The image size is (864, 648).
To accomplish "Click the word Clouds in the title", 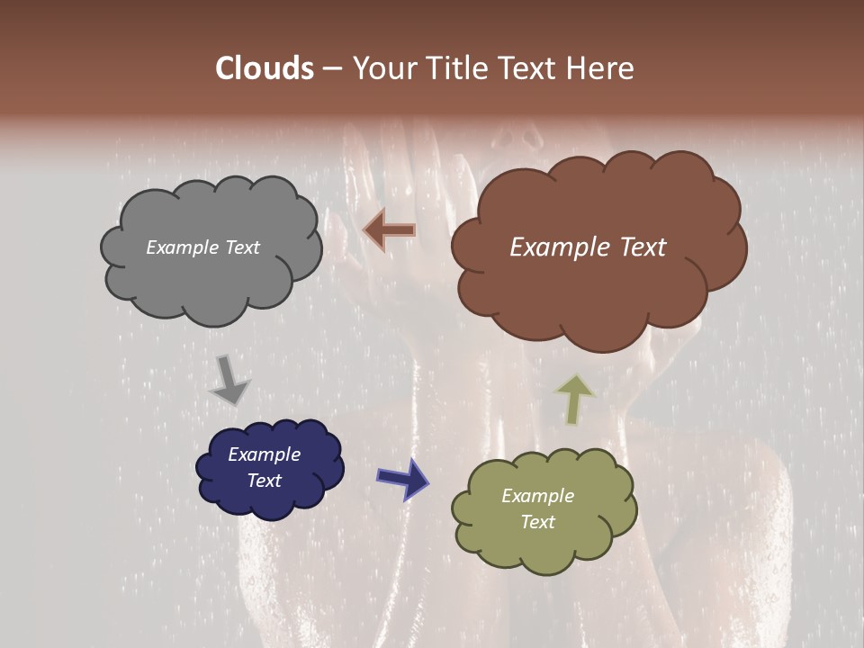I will (265, 68).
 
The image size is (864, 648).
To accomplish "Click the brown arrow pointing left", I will (389, 230).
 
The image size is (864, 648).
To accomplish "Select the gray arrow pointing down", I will (229, 382).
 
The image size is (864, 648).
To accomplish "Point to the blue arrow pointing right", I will (403, 478).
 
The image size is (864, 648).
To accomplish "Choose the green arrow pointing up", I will (574, 399).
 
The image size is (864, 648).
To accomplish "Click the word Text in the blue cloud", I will (265, 481).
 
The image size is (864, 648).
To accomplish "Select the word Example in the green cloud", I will (537, 496).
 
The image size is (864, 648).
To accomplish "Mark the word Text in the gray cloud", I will (241, 247).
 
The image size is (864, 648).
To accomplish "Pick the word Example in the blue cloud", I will (265, 454).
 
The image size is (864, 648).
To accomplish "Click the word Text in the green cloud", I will (537, 522).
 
